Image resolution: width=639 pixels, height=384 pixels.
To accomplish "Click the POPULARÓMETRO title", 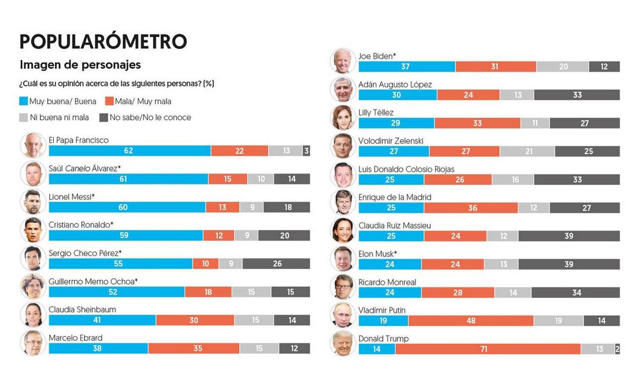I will click(103, 42).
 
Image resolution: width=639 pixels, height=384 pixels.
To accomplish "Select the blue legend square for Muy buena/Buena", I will click(23, 101).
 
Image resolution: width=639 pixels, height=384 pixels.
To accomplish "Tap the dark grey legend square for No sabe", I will click(103, 118).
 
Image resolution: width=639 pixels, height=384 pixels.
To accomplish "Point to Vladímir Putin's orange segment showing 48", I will click(470, 321).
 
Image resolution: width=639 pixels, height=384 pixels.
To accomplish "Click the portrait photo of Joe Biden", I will click(343, 61).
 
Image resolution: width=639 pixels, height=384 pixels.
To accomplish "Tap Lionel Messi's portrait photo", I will click(33, 202).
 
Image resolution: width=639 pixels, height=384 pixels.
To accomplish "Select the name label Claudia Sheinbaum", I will click(82, 310).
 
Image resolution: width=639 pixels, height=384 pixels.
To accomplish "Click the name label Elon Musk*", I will click(377, 254).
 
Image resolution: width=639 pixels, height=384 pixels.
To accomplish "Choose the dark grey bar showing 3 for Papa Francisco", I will click(306, 151).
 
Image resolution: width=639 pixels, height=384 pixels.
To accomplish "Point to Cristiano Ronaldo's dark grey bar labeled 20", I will click(284, 236).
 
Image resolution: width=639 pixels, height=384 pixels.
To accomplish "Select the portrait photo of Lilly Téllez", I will click(343, 118).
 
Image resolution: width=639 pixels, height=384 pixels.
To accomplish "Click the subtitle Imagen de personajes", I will click(80, 65).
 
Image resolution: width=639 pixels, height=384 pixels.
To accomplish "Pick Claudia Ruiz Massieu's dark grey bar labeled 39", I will click(569, 236).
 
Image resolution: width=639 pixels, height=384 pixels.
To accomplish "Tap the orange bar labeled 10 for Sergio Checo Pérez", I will click(205, 264).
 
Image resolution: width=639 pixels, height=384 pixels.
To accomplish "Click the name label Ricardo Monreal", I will click(387, 282).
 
